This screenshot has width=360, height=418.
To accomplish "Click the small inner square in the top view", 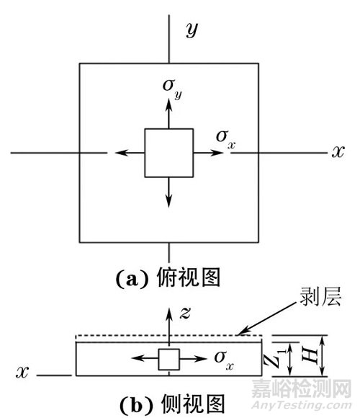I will pos(168,153).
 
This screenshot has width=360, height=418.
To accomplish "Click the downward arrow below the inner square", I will pos(168,191).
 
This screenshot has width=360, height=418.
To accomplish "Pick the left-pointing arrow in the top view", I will pos(130,153).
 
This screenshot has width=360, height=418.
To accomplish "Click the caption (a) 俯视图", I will pos(168,277).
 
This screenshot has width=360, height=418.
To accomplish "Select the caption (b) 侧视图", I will pos(168,401).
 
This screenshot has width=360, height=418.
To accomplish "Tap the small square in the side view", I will pos(168,359).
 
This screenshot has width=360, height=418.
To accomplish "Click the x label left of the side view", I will pos(22,373).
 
